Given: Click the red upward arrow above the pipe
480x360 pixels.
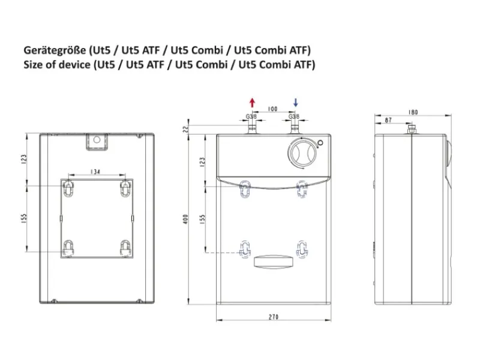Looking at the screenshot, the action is tap(252, 103).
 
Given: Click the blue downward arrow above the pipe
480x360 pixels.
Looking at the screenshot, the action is tap(295, 103).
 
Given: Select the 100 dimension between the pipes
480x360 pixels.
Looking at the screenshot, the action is tap(272, 109).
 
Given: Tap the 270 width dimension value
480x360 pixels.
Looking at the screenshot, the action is tap(274, 317).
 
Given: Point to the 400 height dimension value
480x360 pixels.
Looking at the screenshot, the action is tap(185, 219).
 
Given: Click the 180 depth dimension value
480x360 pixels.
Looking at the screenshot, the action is tap(413, 112).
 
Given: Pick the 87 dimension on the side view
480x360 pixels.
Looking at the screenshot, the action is tap(388, 121).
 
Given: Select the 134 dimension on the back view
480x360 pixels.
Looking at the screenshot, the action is tap(95, 172).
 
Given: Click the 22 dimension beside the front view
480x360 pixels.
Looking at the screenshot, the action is tap(185, 129).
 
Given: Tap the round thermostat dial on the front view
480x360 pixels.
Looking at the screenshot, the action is tap(301, 153).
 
